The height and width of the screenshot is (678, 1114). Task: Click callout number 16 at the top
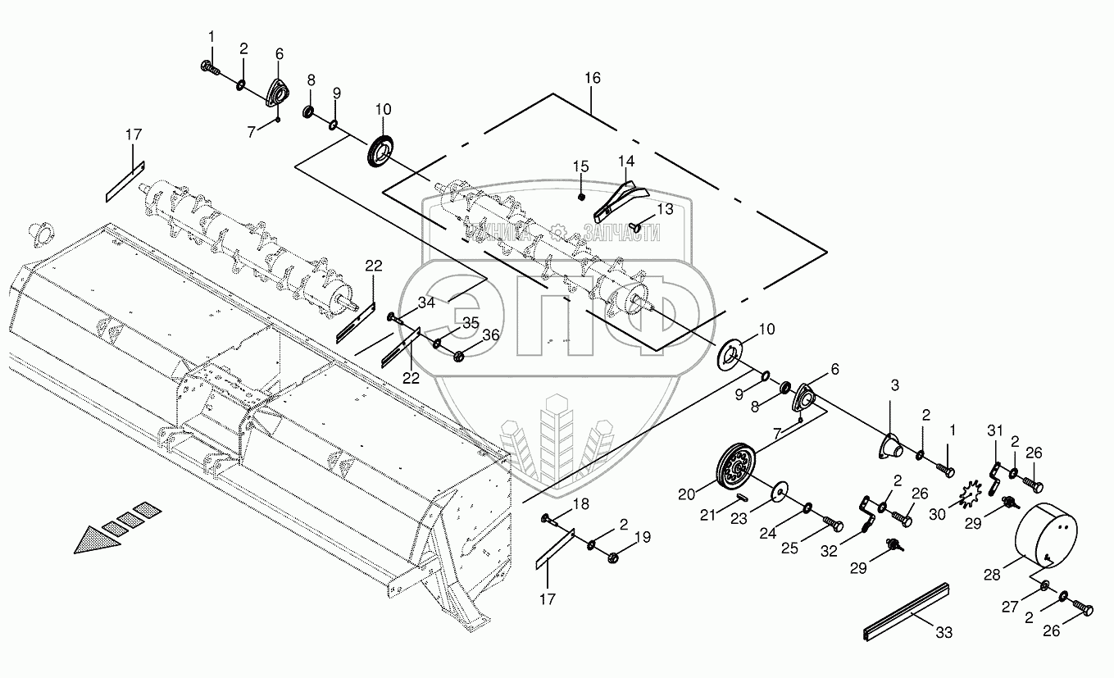592,79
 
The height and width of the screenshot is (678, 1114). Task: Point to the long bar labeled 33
905,612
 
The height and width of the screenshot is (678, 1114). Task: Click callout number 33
944,633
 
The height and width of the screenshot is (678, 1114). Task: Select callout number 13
664,210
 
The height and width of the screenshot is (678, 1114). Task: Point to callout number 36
490,334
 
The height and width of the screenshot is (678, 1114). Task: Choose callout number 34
425,304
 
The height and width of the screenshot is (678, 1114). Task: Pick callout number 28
992,576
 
